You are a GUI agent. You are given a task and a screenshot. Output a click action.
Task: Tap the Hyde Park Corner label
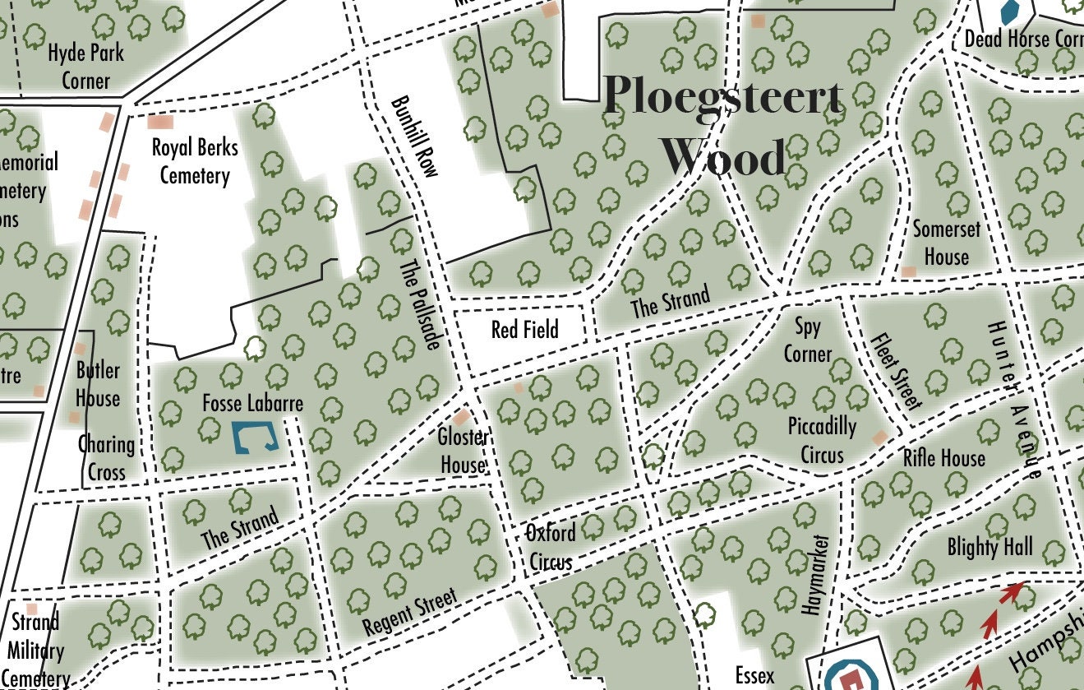[x=85, y=67]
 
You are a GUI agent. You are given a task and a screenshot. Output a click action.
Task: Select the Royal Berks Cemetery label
[x=195, y=161]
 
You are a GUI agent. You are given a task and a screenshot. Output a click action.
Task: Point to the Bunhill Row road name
[x=415, y=137]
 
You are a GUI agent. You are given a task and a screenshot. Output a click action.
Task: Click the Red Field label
[x=524, y=330]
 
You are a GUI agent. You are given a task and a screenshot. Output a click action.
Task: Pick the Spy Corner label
[x=807, y=340]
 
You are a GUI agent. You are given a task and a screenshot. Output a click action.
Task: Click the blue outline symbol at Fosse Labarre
[x=256, y=438]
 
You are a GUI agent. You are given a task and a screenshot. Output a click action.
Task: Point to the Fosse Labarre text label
[x=252, y=404]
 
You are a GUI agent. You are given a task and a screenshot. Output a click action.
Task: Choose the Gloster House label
[x=463, y=451]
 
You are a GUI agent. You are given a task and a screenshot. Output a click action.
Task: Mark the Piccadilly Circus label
[x=822, y=440]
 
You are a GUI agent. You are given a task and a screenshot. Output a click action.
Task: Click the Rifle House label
[x=943, y=457]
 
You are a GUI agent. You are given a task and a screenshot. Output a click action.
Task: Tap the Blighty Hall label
[x=989, y=547]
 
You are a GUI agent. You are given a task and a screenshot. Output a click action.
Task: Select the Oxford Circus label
[x=551, y=547]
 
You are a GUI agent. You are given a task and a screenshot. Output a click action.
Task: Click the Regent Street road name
[x=409, y=614]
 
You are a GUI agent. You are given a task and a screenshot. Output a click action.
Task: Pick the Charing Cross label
[x=106, y=458]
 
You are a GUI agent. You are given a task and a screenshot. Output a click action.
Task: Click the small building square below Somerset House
[x=908, y=271]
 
